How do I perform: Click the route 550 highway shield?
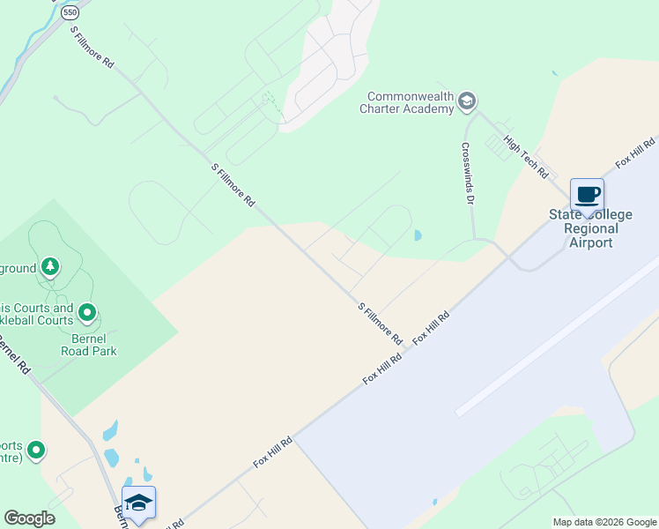70,14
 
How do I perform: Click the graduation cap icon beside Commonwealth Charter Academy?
467,102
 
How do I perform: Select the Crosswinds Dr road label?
467,173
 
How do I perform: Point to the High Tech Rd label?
526,156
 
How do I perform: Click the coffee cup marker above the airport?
587,195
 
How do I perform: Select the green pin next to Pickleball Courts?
87,312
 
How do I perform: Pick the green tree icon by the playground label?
51,266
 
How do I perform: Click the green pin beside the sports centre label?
36,451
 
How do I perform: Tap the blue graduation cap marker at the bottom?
139,503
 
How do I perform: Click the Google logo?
29,518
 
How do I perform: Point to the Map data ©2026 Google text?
604,522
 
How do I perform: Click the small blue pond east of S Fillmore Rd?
417,235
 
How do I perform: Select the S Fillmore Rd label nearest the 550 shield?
93,48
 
